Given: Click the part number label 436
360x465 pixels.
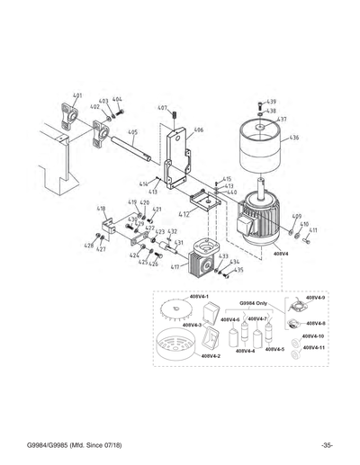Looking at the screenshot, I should click(x=295, y=138).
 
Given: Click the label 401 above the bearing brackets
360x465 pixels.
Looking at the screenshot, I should click(x=77, y=94).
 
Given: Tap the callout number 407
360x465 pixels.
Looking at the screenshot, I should click(x=163, y=108).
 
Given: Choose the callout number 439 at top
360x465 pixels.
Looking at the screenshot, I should click(x=272, y=102).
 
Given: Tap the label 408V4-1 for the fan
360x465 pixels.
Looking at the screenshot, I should click(x=199, y=296).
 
